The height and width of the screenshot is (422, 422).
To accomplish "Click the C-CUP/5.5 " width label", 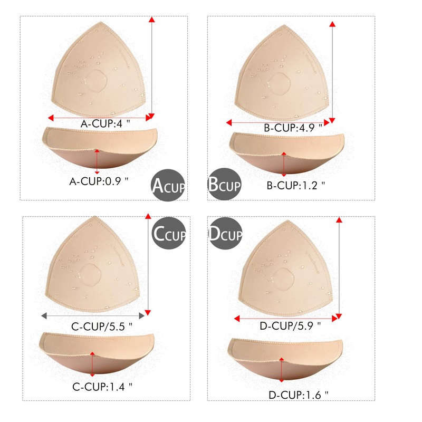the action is click(102, 327).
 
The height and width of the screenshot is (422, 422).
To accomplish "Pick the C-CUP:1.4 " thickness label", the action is click(102, 386).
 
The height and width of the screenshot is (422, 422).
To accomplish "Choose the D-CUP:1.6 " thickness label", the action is click(298, 395).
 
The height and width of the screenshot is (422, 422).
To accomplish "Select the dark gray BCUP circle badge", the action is click(224, 185).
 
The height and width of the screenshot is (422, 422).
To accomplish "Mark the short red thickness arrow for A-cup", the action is click(97, 161).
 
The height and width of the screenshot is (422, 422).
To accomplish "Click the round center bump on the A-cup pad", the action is click(96, 78).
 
